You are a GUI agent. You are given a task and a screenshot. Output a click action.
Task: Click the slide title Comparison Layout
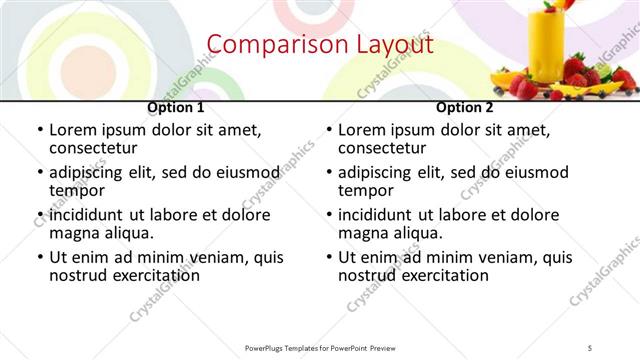point(319,45)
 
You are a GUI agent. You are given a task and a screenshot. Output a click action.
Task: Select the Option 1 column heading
point(176,107)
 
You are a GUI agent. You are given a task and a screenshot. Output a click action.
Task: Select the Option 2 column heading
point(464,107)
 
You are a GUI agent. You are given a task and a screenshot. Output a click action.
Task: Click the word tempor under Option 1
point(77,190)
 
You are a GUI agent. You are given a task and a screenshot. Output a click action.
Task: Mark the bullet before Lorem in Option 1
point(39,130)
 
